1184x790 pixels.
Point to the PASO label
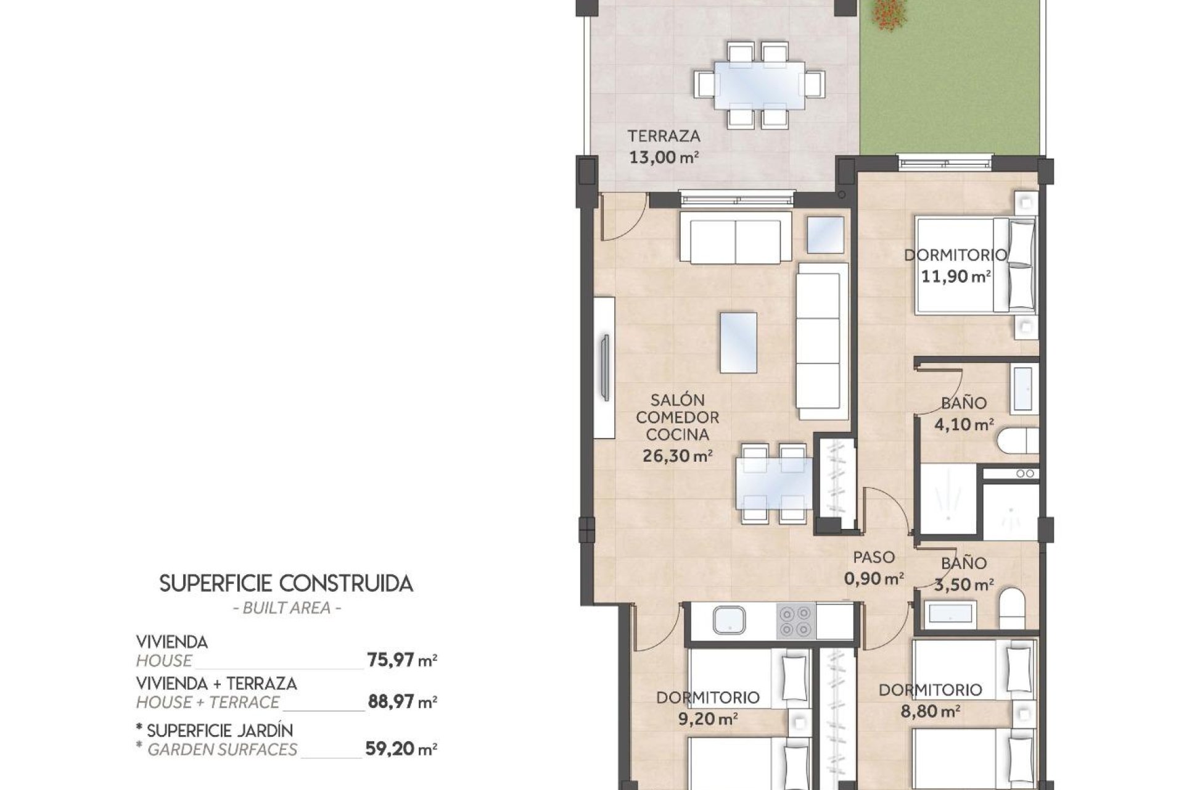(x=873, y=557)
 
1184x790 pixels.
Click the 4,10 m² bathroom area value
(x=964, y=425)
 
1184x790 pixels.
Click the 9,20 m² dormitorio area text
(x=708, y=719)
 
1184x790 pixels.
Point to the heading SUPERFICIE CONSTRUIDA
(x=286, y=583)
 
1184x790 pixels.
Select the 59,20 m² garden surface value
(x=401, y=749)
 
